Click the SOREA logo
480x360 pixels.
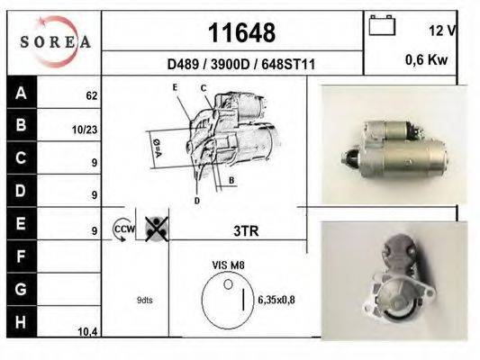coord(55,41)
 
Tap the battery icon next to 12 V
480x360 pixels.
coord(382,26)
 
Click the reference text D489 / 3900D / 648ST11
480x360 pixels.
coord(240,64)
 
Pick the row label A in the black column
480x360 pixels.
coord(21,93)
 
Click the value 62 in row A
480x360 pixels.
coord(91,94)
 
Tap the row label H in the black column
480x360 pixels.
coord(21,322)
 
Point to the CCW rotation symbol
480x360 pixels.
coord(122,229)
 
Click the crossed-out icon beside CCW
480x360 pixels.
coord(154,229)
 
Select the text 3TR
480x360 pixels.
coord(245,230)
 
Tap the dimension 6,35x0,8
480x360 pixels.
coord(277,300)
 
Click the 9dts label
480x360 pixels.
coord(144,300)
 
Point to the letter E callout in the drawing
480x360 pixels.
coord(176,87)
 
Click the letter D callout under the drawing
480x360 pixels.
coord(196,200)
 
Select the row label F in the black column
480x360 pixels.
coord(21,257)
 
